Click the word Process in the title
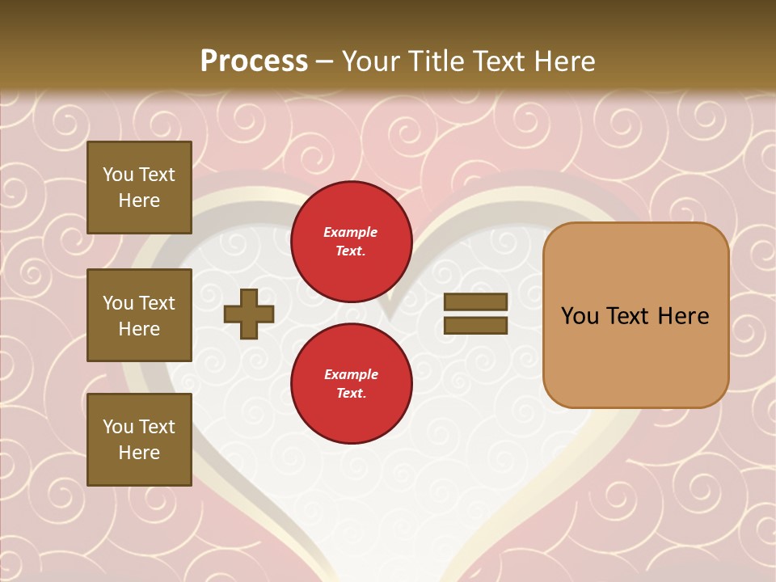(254, 61)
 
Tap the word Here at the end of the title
(563, 61)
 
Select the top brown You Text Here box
(139, 188)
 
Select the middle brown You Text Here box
(139, 315)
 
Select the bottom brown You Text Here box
(139, 440)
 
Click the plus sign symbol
(249, 314)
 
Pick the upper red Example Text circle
(351, 242)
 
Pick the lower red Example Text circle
(351, 384)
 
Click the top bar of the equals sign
(475, 302)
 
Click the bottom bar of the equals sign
(475, 326)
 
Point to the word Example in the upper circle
(351, 233)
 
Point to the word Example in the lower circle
(351, 375)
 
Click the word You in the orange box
(580, 316)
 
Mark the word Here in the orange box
(683, 316)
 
